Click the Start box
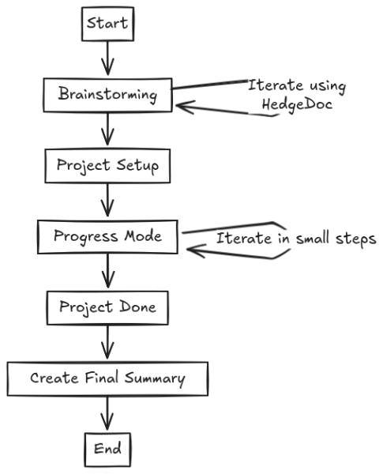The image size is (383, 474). pos(108,24)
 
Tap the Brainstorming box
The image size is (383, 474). pos(108,95)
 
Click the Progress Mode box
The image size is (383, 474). pos(109,235)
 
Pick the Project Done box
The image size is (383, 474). pos(107,307)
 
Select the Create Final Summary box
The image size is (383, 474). pos(108,378)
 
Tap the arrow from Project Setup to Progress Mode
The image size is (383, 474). pos(108,201)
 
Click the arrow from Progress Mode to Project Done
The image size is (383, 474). pos(108,271)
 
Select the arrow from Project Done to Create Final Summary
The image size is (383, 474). pos(107,342)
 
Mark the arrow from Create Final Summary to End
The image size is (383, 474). pos(107,413)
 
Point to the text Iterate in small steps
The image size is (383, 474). pos(295,238)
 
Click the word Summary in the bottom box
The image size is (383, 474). pos(158,378)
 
